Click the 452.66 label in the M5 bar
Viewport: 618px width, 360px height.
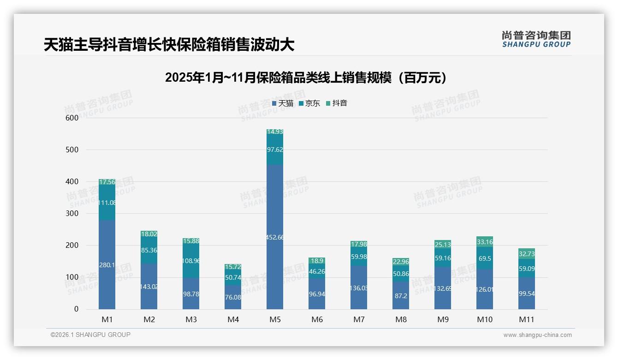pyautogui.click(x=275, y=238)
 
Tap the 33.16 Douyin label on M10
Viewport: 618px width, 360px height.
pyautogui.click(x=485, y=242)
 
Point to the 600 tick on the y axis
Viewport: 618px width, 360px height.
pyautogui.click(x=72, y=118)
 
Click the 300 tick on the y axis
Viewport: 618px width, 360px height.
pyautogui.click(x=72, y=214)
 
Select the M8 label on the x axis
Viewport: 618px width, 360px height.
pyautogui.click(x=401, y=319)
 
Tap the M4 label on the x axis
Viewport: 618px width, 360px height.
pyautogui.click(x=233, y=319)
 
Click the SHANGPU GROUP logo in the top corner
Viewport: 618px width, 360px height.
pyautogui.click(x=536, y=39)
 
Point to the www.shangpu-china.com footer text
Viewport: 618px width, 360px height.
pyautogui.click(x=537, y=335)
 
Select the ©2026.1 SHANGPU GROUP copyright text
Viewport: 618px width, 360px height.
pyautogui.click(x=90, y=335)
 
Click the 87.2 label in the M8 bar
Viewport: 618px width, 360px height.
pyautogui.click(x=401, y=295)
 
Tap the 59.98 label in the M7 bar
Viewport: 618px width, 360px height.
pyautogui.click(x=359, y=257)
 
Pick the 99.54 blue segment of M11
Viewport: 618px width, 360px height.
pyautogui.click(x=527, y=294)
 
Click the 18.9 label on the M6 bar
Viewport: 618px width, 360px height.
pyautogui.click(x=317, y=261)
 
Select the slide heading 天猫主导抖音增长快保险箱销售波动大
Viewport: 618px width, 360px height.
pyautogui.click(x=169, y=45)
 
